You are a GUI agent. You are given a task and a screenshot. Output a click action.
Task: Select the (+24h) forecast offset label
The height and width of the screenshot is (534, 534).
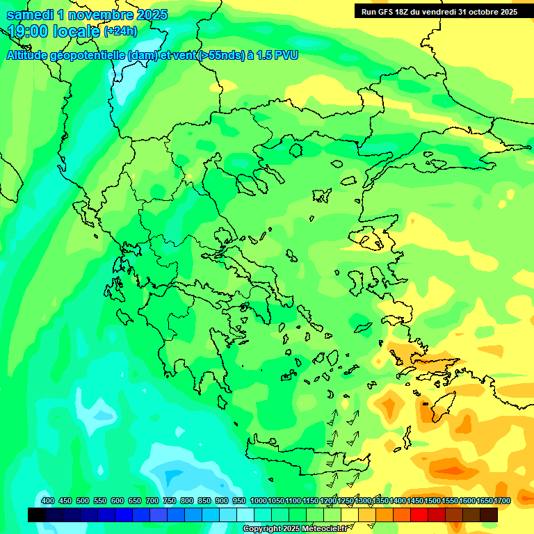[x=120, y=31]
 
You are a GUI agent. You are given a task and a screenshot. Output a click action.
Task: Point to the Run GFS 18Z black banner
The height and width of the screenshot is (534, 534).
[x=439, y=11]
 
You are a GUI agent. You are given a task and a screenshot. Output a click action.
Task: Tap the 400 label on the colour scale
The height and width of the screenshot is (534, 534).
[x=48, y=501]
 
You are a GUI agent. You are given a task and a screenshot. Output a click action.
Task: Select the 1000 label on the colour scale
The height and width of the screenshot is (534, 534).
[x=259, y=501]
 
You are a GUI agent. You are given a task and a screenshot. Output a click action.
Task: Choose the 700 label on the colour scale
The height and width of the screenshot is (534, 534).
[x=152, y=501]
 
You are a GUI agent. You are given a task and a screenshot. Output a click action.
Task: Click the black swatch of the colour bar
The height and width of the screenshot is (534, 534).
[x=37, y=515]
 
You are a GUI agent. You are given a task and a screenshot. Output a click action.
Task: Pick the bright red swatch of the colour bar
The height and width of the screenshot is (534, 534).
[x=419, y=515]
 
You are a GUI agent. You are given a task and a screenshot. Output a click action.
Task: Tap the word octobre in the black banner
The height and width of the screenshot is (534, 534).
[x=481, y=11]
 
